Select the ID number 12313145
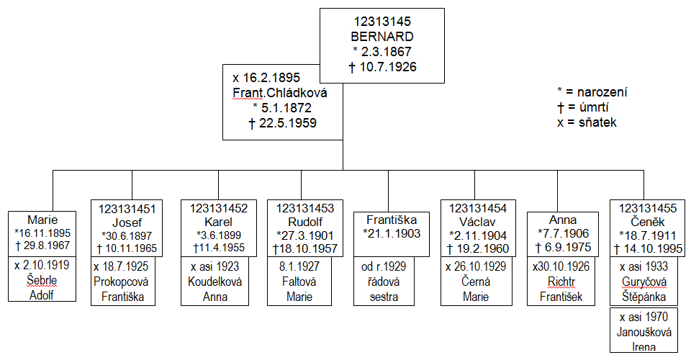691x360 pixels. (384, 22)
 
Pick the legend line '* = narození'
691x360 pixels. (592, 92)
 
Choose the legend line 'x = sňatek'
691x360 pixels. (587, 122)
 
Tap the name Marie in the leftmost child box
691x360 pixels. (42, 220)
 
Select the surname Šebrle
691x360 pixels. (42, 281)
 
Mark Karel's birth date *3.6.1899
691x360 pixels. (218, 235)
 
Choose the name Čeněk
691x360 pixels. (643, 222)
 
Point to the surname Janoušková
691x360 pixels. (643, 332)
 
